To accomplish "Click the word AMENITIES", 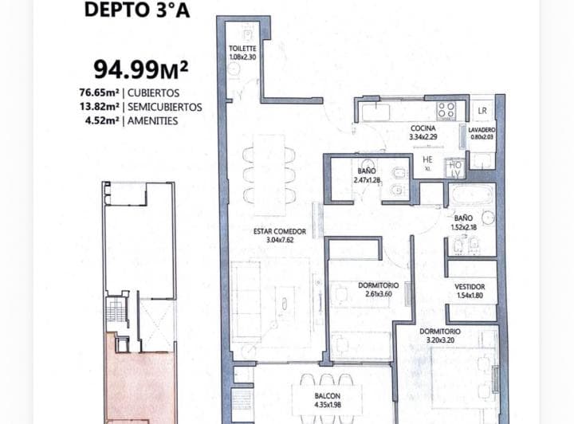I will (156, 121).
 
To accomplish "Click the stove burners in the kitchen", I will (446, 110).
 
